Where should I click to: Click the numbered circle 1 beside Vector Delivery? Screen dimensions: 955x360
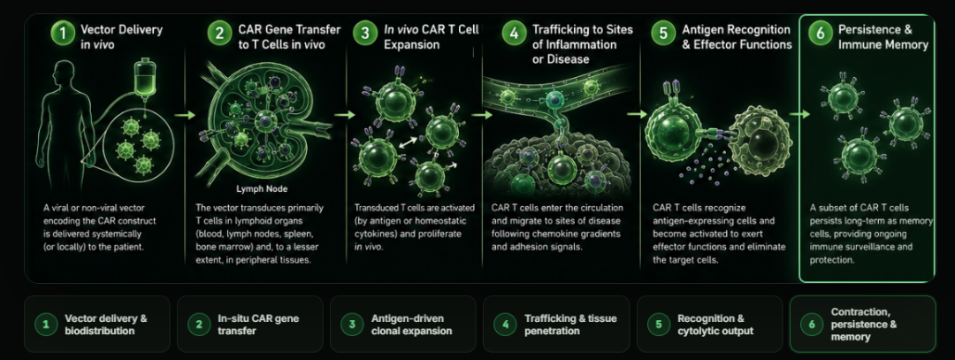[x=64, y=33]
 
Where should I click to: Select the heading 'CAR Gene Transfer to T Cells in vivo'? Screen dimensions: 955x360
[x=281, y=36]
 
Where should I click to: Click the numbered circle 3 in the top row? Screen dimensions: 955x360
[x=365, y=33]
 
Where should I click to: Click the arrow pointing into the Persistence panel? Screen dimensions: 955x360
[x=799, y=113]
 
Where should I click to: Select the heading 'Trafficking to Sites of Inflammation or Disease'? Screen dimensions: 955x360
[x=582, y=44]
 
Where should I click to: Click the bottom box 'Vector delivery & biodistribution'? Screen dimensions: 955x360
[x=97, y=324]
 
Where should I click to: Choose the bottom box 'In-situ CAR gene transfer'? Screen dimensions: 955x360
[x=250, y=324]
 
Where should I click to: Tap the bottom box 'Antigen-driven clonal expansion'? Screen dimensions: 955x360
[x=403, y=324]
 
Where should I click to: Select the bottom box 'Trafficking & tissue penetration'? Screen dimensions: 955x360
[x=556, y=324]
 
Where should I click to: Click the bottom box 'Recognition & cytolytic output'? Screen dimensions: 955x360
[x=709, y=324]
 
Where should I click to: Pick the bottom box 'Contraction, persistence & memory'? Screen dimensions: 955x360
[x=862, y=324]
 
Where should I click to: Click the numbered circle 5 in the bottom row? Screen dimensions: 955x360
[x=659, y=324]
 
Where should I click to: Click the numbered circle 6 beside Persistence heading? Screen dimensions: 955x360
[x=821, y=33]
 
